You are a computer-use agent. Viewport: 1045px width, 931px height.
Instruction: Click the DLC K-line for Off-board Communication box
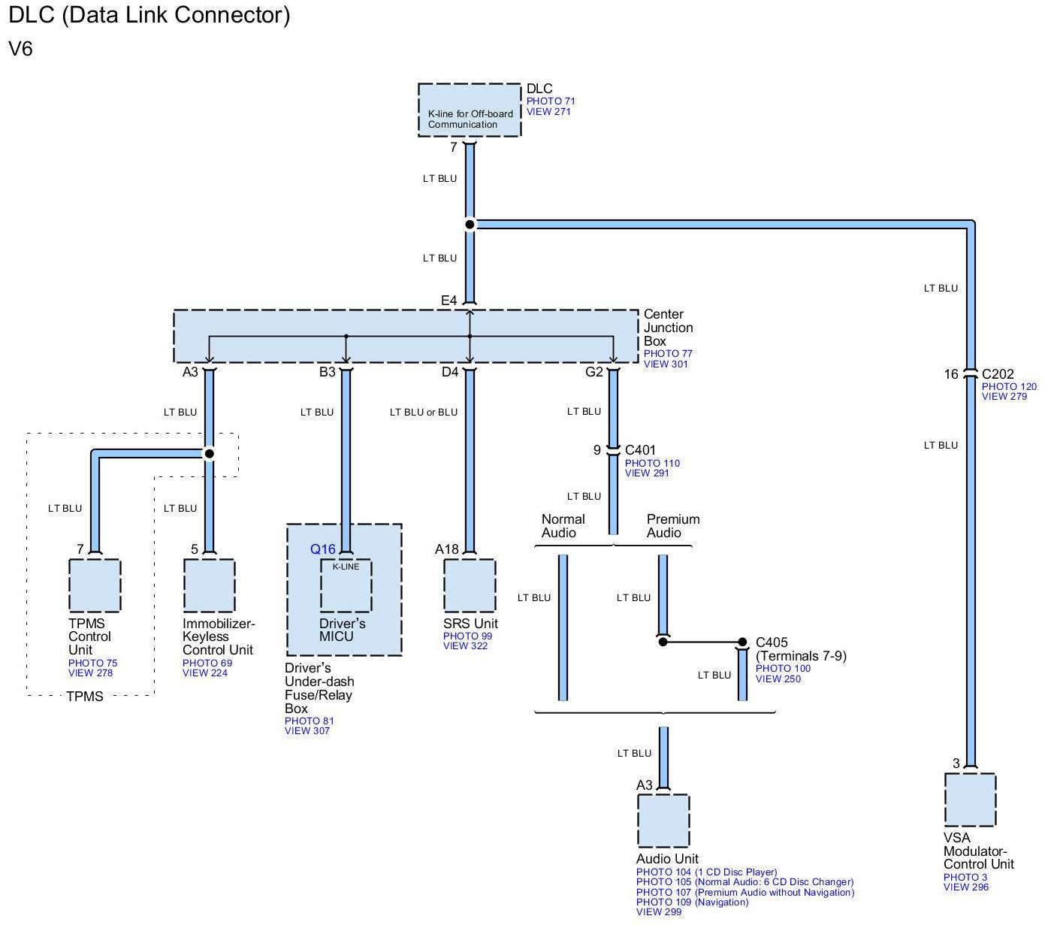(x=469, y=110)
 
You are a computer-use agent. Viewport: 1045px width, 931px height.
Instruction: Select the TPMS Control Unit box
(x=95, y=585)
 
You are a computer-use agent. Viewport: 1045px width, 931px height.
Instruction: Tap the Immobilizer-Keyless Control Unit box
(x=209, y=585)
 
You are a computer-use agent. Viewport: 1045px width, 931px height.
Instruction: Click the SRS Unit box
(x=470, y=585)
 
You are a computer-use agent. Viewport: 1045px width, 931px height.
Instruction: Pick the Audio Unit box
(x=663, y=821)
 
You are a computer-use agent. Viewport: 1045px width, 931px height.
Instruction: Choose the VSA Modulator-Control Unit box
(x=970, y=800)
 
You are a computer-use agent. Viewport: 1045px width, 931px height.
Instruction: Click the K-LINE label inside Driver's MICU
(x=346, y=567)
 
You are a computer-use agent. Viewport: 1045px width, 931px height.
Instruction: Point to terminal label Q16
(x=323, y=549)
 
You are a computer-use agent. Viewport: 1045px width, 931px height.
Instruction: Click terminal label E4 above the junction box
(x=449, y=301)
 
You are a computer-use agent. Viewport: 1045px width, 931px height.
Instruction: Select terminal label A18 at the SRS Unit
(x=446, y=549)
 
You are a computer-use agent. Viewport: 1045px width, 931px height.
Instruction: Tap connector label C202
(x=998, y=373)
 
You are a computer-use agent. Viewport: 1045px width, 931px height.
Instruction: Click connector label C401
(x=640, y=450)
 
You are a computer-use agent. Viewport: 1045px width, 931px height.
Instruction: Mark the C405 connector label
(x=772, y=642)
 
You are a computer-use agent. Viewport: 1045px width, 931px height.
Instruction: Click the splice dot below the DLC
(x=470, y=224)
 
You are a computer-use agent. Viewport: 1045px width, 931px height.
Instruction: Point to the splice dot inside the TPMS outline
(x=210, y=454)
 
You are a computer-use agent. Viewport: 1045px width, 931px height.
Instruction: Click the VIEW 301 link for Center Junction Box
(x=665, y=364)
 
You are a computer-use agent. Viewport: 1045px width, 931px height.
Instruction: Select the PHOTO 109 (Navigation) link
(x=692, y=902)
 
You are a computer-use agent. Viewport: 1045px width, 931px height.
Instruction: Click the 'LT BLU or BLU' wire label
(x=423, y=412)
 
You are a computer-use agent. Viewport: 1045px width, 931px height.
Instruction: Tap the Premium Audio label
(x=672, y=526)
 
